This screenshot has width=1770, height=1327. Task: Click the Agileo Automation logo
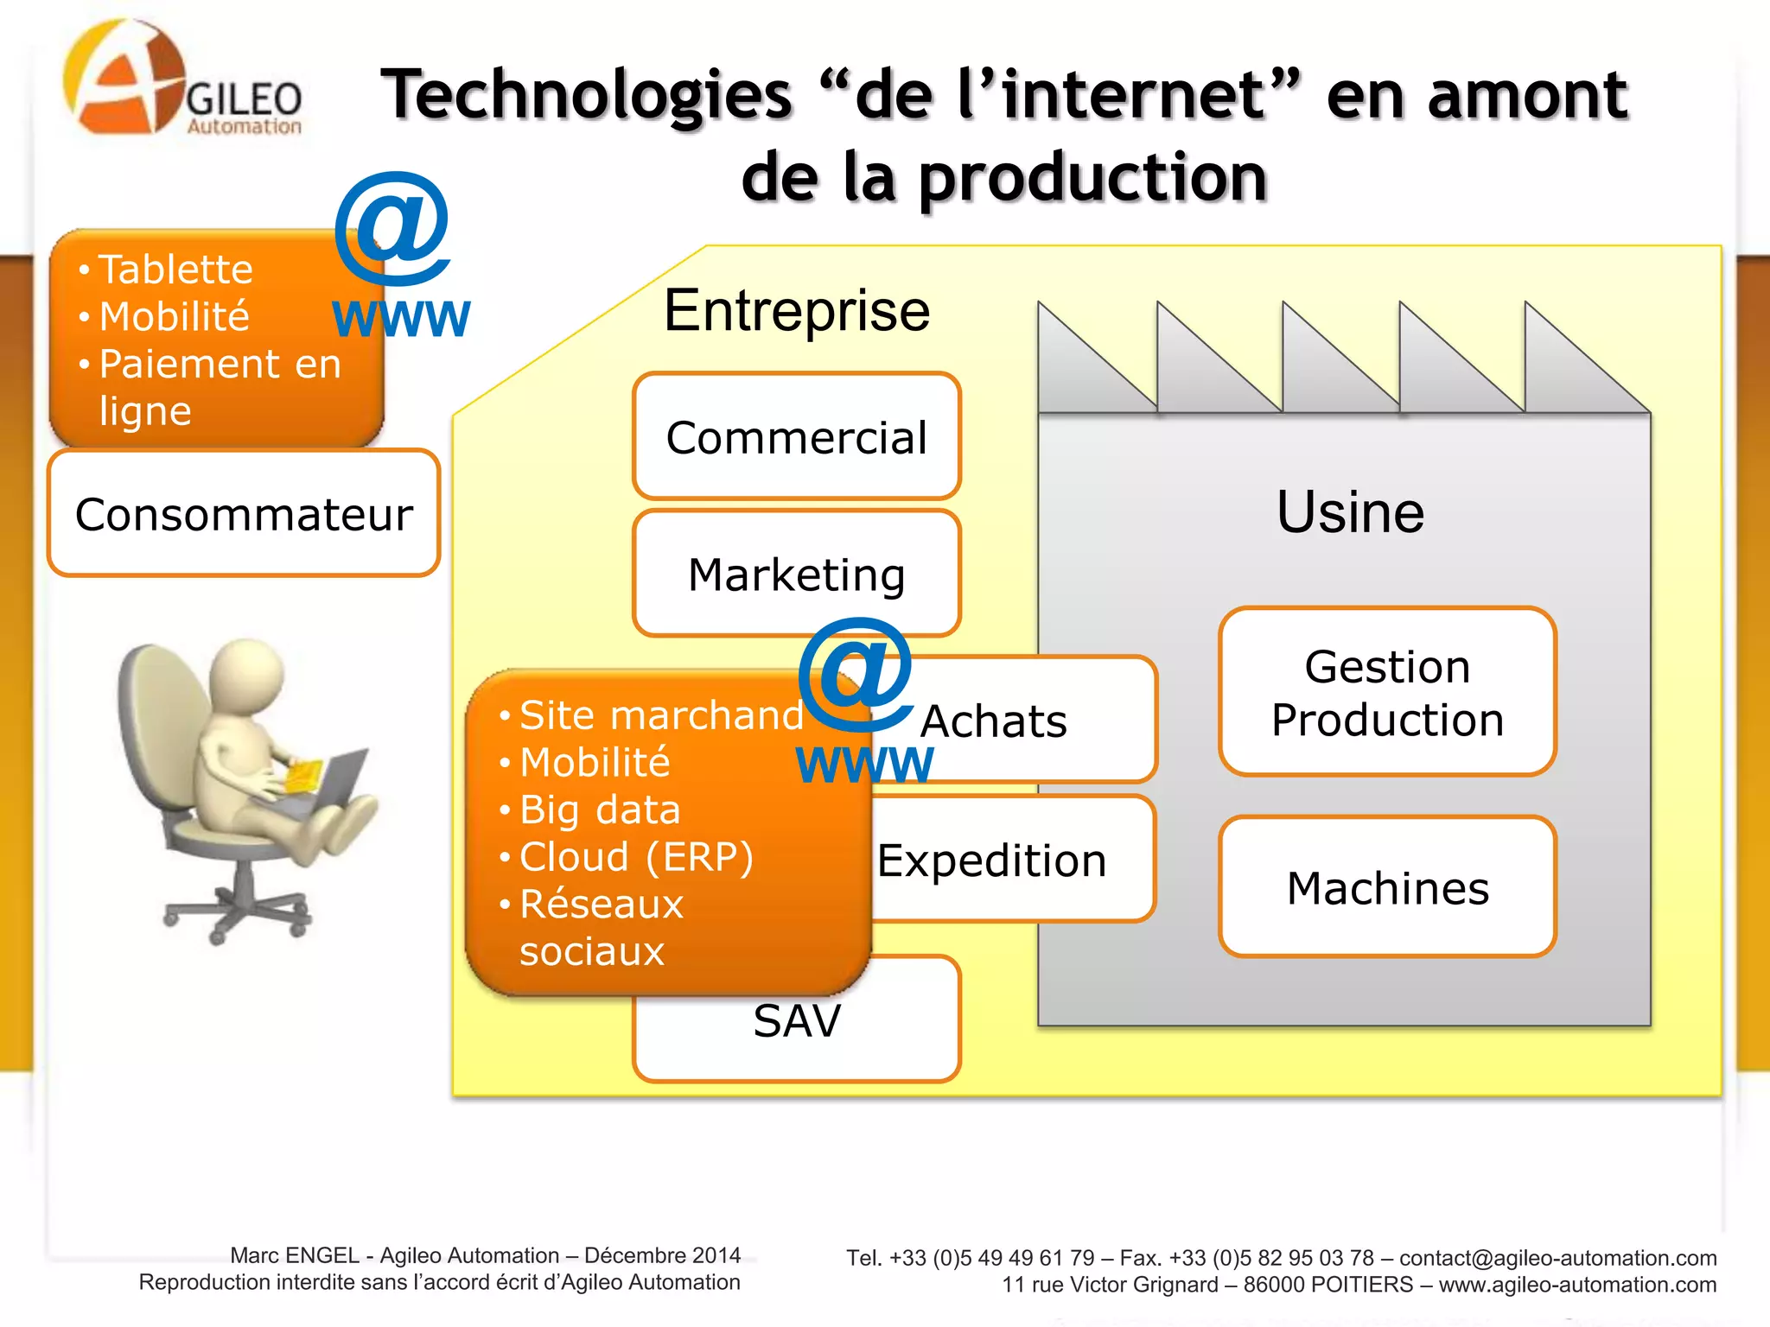[181, 82]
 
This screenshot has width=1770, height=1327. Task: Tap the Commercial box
[796, 436]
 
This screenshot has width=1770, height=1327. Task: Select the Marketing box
[796, 574]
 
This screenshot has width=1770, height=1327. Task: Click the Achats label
[994, 721]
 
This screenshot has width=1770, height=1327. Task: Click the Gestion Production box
[1387, 692]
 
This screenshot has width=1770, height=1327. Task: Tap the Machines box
[1387, 887]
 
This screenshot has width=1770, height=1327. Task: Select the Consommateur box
[244, 513]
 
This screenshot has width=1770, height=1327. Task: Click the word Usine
[1350, 511]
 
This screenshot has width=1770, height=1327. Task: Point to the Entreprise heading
[796, 310]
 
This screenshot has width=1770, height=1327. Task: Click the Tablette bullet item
[175, 270]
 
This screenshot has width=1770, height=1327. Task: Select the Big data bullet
[600, 810]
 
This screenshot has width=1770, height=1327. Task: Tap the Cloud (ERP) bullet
[636, 857]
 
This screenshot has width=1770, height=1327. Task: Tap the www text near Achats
[864, 765]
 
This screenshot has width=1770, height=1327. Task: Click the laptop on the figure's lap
[333, 782]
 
